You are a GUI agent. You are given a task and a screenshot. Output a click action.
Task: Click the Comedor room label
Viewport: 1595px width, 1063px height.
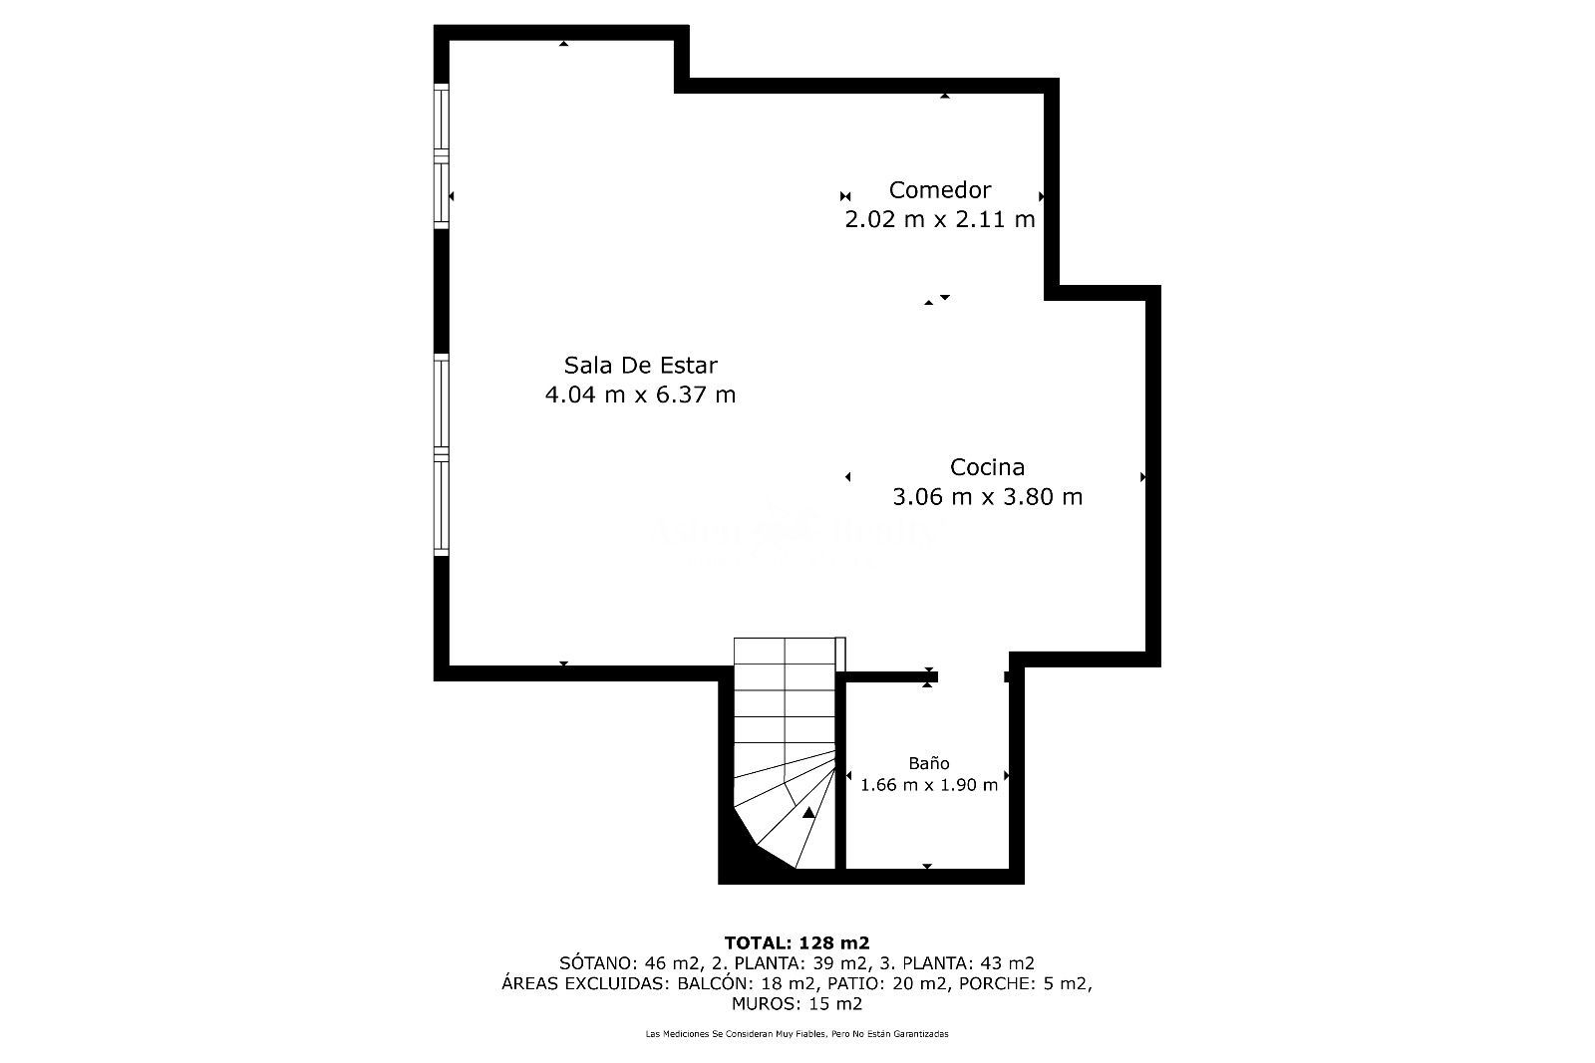[939, 189]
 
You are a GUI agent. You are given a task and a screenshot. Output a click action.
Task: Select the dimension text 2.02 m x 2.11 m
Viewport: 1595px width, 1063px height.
[939, 219]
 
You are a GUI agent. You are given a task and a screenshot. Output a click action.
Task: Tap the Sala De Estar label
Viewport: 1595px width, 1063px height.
[640, 365]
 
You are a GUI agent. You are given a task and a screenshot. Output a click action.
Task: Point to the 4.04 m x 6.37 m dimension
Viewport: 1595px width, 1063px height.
[640, 395]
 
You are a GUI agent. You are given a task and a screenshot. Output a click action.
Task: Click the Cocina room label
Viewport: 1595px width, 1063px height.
[987, 466]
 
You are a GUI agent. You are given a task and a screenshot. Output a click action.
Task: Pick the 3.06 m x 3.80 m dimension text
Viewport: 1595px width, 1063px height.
[987, 496]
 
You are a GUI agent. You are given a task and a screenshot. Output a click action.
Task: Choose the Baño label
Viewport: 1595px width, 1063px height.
[928, 763]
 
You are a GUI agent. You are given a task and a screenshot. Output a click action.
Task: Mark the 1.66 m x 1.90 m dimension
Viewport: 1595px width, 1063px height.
[928, 785]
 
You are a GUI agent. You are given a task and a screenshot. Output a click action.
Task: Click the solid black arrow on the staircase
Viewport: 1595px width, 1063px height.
[808, 813]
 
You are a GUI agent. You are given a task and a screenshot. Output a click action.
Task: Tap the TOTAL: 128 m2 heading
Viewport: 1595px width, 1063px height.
[797, 942]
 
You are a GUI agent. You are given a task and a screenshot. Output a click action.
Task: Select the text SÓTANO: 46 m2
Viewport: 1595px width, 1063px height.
[611, 963]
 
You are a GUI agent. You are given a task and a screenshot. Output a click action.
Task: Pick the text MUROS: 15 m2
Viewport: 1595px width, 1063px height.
[797, 1003]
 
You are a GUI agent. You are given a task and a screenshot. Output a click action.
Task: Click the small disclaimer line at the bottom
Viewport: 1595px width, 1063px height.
[797, 1034]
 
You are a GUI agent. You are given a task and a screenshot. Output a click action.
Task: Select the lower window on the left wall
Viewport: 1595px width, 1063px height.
[441, 455]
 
